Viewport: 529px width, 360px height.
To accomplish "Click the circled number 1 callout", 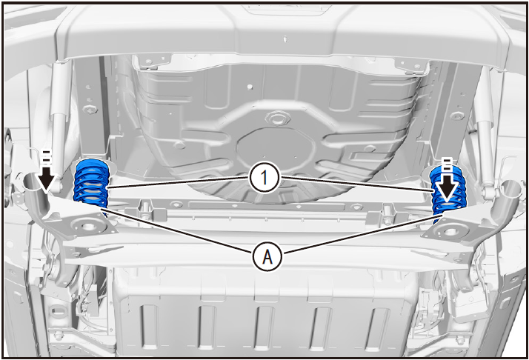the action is (x=264, y=178).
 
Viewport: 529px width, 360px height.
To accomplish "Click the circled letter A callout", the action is (x=267, y=257).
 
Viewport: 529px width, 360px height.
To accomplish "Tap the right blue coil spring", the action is (x=448, y=193).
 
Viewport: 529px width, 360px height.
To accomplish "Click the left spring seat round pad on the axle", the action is (x=87, y=227).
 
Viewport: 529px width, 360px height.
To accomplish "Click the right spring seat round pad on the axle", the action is (x=450, y=231).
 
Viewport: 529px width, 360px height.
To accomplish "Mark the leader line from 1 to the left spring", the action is (x=178, y=181).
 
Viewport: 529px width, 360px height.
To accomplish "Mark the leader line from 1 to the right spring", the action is (x=357, y=184).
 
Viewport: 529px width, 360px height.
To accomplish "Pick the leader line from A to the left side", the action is (x=178, y=231).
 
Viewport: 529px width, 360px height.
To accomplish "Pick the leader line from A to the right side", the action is (x=359, y=234).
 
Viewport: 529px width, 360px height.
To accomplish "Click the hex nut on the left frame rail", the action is (x=90, y=110).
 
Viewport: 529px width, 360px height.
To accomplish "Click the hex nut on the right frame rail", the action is (x=457, y=116).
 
